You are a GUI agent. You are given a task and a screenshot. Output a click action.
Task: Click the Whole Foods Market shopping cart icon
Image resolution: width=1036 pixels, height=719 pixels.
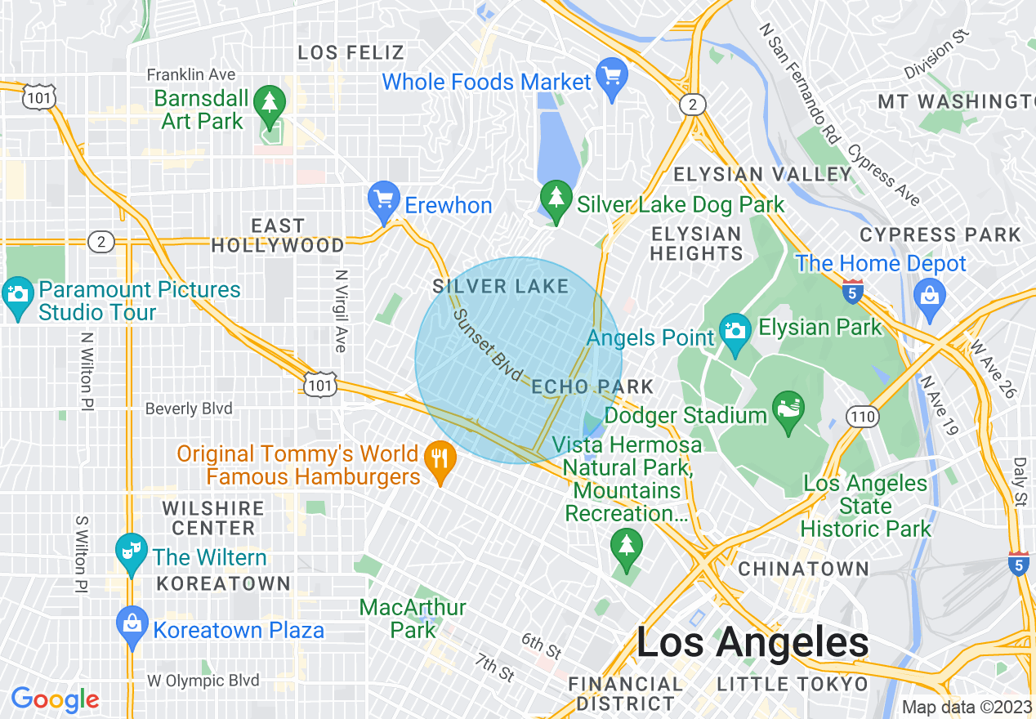(611, 75)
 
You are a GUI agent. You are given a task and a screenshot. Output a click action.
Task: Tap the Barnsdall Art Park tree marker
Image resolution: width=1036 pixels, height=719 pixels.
(269, 102)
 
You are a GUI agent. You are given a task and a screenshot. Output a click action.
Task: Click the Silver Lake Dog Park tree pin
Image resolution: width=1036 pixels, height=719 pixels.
(556, 199)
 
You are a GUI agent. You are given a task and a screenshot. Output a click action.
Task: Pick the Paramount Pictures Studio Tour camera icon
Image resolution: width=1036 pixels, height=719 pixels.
(18, 296)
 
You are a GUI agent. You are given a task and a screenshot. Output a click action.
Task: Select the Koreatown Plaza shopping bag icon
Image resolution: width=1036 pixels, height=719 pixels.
(132, 624)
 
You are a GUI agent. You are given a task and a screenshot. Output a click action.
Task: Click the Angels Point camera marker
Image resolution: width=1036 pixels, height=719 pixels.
(735, 331)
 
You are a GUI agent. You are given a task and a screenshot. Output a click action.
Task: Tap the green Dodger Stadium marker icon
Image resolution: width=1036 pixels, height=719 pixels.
(788, 405)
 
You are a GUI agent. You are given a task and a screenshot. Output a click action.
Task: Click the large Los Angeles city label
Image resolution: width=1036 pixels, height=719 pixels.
(752, 643)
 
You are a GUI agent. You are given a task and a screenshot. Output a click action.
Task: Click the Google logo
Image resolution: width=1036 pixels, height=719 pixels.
(55, 699)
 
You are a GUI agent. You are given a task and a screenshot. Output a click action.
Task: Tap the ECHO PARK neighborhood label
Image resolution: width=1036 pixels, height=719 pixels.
(592, 386)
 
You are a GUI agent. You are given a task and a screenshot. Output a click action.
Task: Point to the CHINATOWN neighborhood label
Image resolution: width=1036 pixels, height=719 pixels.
(803, 569)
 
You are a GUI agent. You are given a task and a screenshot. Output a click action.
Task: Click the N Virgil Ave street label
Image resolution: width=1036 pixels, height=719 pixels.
(342, 311)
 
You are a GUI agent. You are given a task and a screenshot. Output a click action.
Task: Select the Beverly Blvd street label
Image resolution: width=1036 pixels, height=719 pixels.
(189, 409)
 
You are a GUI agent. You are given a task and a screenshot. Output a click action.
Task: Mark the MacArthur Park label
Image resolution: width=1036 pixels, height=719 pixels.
(413, 619)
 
